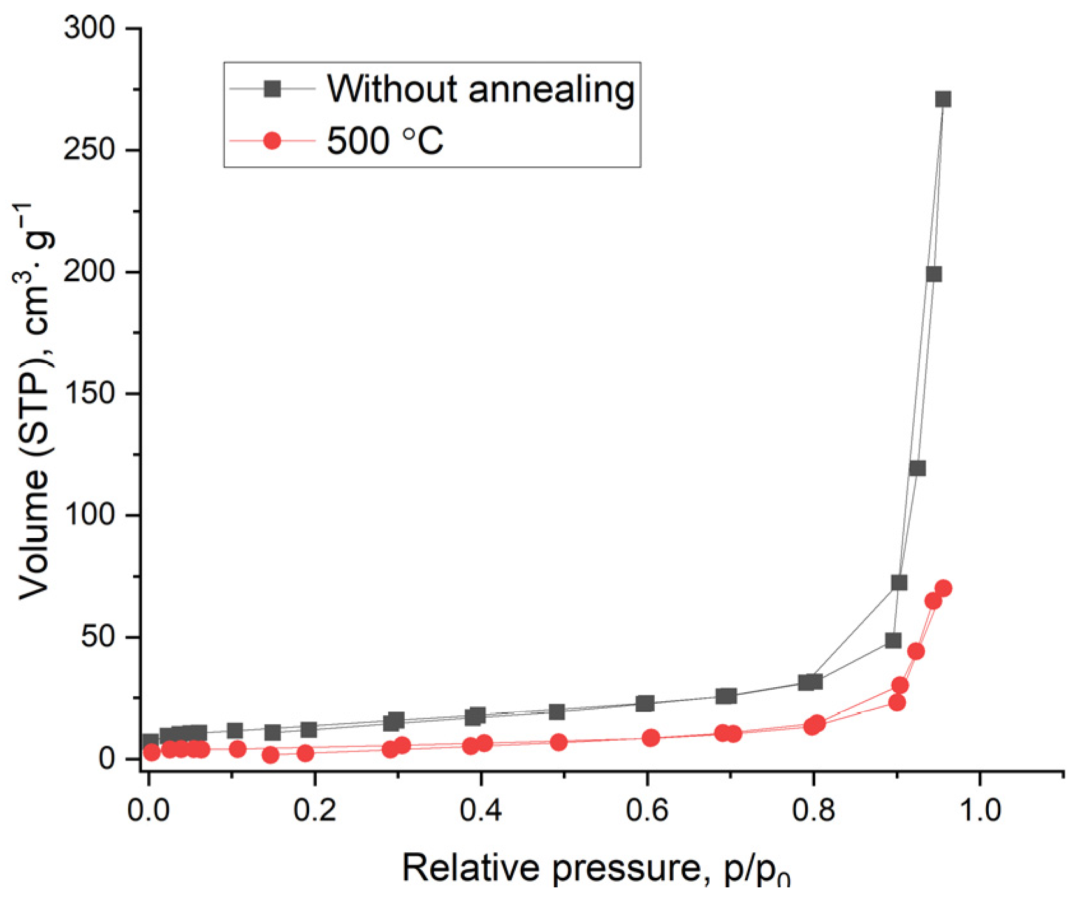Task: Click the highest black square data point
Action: tap(943, 99)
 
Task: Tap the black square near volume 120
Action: tap(917, 469)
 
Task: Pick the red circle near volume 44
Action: tap(916, 651)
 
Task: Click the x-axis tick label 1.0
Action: tap(979, 809)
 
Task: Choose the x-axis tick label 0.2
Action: tap(314, 809)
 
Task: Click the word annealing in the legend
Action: tap(551, 89)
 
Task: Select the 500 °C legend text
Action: tap(385, 141)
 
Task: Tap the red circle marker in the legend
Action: tap(272, 140)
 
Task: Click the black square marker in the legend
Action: tap(272, 89)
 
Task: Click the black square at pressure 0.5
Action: tap(557, 711)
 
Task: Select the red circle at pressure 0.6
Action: tap(650, 738)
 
